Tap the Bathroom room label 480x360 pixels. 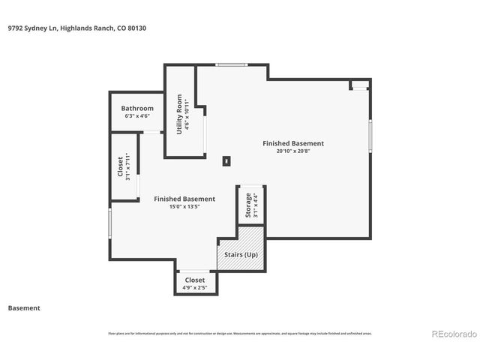point(137,108)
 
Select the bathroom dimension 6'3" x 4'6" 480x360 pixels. point(137,116)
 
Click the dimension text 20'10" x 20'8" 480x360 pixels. point(292,151)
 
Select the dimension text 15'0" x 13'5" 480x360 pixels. point(184,207)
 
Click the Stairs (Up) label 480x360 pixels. point(242,255)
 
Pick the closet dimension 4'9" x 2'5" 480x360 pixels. point(195,287)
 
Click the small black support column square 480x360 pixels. point(227,160)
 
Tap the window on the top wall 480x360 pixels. point(232,65)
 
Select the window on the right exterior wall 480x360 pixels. point(370,136)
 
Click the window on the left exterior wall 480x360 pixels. point(110,223)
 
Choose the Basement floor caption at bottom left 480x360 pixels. point(24,308)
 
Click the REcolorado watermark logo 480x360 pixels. point(452,334)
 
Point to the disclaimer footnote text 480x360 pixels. point(240,333)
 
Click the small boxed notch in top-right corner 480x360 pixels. point(360,84)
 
